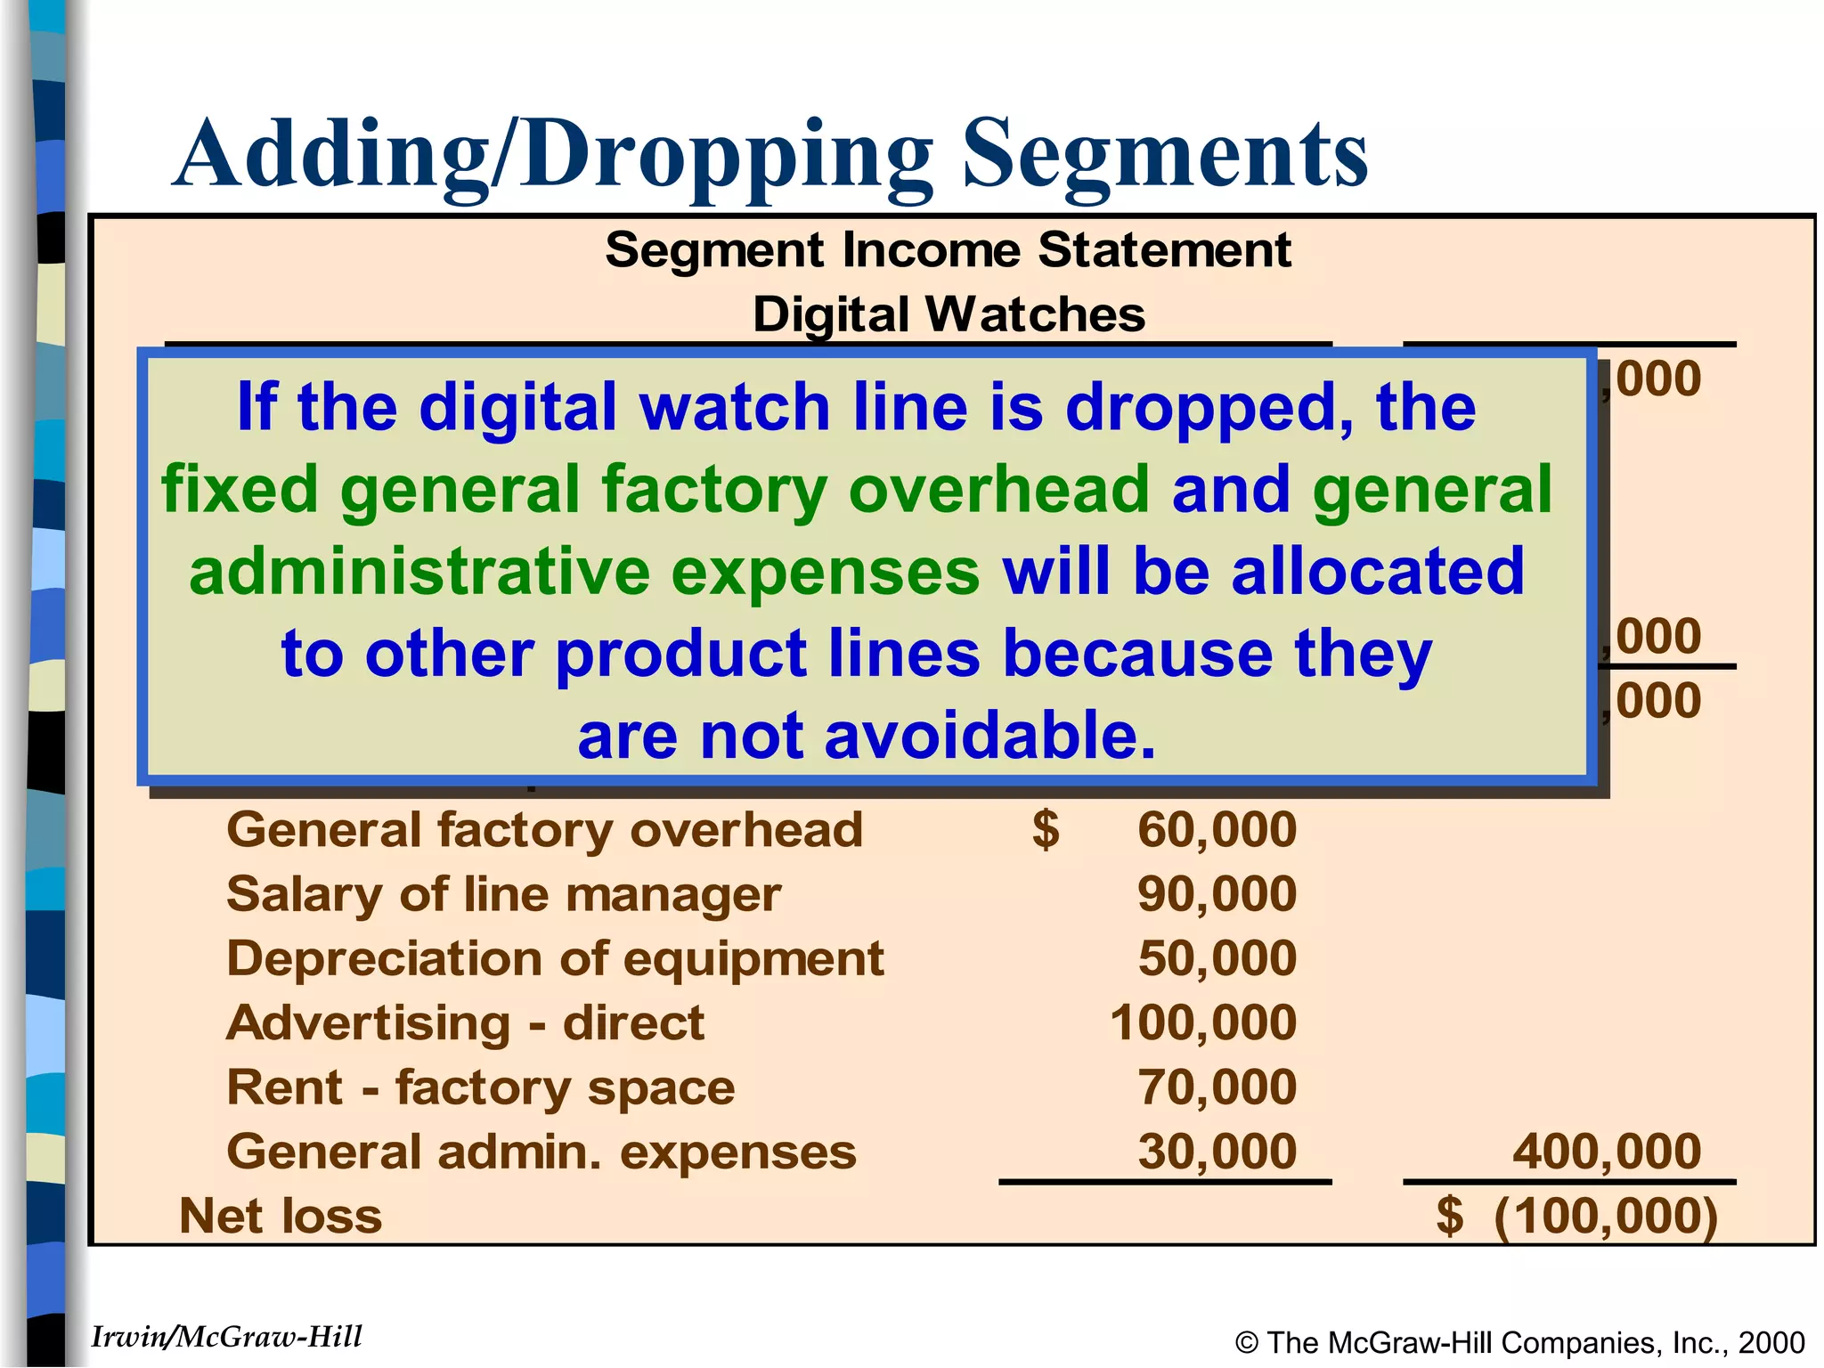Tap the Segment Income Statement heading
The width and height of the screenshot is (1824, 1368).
[x=948, y=249]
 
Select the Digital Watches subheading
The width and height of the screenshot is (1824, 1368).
[x=949, y=314]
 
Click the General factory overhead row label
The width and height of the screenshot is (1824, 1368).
[x=544, y=830]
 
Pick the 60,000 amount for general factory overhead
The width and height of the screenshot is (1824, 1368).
[x=1217, y=830]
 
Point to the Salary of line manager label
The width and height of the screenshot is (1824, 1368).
[x=504, y=894]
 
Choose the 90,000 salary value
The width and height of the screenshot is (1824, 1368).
[x=1217, y=894]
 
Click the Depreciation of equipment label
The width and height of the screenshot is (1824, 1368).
[x=555, y=959]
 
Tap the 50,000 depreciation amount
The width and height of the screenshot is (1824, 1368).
[x=1217, y=959]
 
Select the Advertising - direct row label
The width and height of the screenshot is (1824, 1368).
[x=465, y=1023]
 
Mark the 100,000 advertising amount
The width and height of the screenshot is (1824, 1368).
[x=1202, y=1023]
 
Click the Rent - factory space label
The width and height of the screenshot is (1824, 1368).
[x=481, y=1088]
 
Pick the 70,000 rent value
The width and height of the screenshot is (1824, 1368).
[x=1217, y=1088]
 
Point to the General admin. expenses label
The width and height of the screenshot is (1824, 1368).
[x=541, y=1152]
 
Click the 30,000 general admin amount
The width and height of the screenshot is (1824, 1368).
[x=1217, y=1152]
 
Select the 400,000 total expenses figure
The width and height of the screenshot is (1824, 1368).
[x=1607, y=1152]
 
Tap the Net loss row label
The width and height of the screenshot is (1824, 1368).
[x=281, y=1217]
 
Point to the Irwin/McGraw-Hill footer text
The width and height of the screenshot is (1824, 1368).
[x=227, y=1337]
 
